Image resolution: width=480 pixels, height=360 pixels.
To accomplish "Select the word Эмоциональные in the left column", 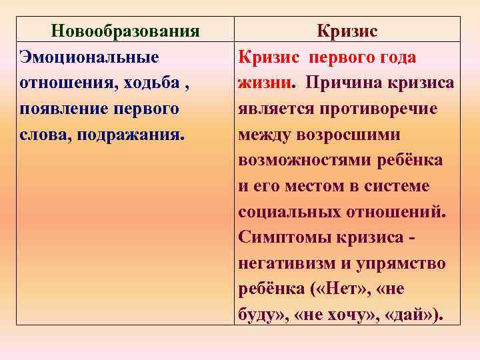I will pyautogui.click(x=89, y=57).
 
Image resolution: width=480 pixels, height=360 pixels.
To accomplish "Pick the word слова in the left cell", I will pyautogui.click(x=45, y=135).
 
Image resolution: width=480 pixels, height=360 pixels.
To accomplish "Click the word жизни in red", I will pyautogui.click(x=265, y=83).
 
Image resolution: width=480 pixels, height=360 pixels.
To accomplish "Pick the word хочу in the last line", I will pyautogui.click(x=353, y=315).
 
